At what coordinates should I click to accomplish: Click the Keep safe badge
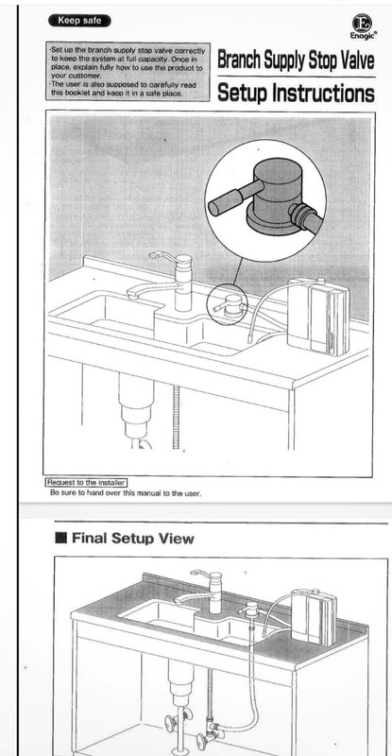tap(79, 21)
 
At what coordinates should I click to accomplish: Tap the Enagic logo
tap(364, 26)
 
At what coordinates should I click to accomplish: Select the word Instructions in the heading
tap(323, 93)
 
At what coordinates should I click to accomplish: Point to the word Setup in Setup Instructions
tap(243, 93)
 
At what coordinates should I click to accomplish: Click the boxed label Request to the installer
tap(87, 483)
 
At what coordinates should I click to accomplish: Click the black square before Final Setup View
tap(60, 538)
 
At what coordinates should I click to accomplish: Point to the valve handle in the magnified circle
tap(231, 198)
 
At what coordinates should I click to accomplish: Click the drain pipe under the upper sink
tap(136, 410)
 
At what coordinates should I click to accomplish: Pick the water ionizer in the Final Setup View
tap(314, 617)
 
